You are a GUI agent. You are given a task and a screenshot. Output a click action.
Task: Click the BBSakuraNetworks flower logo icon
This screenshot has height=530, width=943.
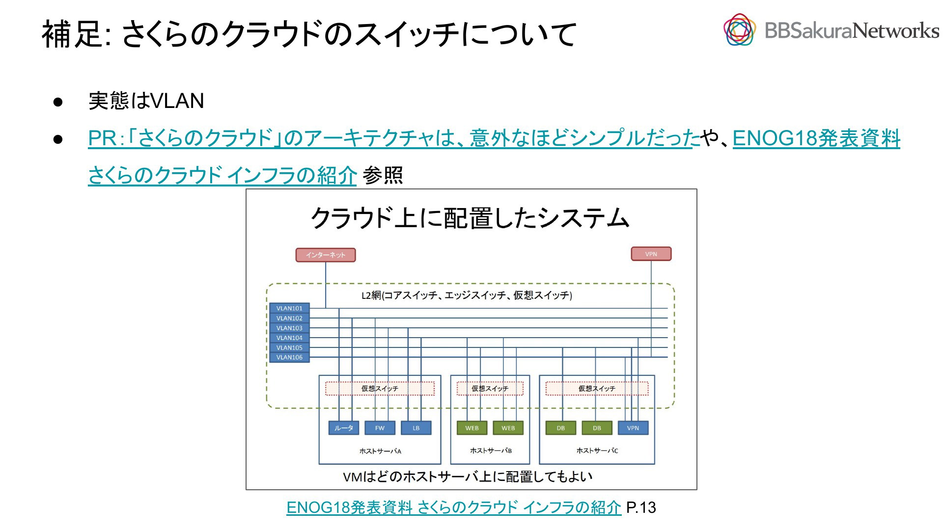pyautogui.click(x=739, y=30)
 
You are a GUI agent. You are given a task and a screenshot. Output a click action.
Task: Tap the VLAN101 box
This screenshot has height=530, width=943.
pyautogui.click(x=289, y=308)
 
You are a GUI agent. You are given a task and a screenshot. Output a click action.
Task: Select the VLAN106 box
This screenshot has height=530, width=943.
pyautogui.click(x=289, y=357)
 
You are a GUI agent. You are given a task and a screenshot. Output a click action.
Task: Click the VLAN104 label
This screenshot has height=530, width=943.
pyautogui.click(x=289, y=338)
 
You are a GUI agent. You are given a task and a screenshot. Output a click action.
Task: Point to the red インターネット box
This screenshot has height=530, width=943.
pyautogui.click(x=326, y=255)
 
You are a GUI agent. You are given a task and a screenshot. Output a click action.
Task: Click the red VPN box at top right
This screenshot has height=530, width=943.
pyautogui.click(x=651, y=254)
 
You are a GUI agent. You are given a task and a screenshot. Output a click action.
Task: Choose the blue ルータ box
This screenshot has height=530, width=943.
pyautogui.click(x=343, y=428)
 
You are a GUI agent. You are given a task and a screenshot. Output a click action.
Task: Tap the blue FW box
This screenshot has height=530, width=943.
pyautogui.click(x=380, y=428)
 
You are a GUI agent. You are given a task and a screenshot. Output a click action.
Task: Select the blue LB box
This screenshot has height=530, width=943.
pyautogui.click(x=416, y=428)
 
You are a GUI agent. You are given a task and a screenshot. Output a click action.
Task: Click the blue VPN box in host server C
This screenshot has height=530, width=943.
pyautogui.click(x=633, y=428)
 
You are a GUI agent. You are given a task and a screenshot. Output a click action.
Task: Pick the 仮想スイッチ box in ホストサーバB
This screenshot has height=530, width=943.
pyautogui.click(x=490, y=389)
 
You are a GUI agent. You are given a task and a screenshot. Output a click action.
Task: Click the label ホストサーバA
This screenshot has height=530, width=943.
pyautogui.click(x=380, y=451)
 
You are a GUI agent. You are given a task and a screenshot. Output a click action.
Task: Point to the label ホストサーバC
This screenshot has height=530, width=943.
pyautogui.click(x=597, y=450)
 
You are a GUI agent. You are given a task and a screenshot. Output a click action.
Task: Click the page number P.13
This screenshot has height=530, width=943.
pyautogui.click(x=641, y=507)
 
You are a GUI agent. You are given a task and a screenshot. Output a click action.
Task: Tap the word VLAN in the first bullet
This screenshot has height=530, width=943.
pyautogui.click(x=177, y=101)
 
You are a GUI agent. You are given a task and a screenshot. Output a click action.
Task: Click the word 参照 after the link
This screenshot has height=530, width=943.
pyautogui.click(x=383, y=176)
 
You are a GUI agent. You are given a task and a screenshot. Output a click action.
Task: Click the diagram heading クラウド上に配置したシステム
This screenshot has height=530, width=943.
pyautogui.click(x=470, y=218)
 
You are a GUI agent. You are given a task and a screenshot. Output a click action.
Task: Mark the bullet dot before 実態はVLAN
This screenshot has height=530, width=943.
pyautogui.click(x=58, y=102)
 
